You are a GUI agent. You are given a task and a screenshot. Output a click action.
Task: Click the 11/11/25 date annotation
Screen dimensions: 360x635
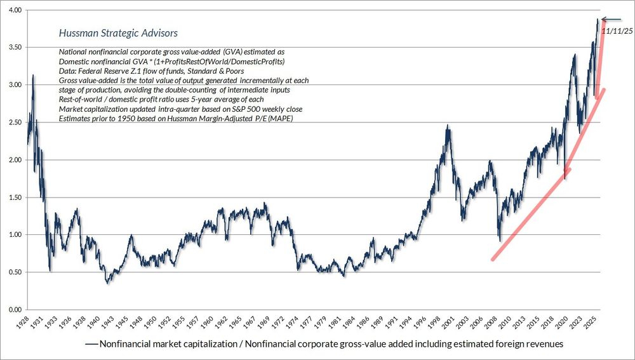click(617, 30)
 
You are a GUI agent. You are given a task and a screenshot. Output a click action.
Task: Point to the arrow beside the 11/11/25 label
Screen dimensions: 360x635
click(613, 20)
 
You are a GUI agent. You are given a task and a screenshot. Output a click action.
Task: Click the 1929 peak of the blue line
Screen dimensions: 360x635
click(33, 76)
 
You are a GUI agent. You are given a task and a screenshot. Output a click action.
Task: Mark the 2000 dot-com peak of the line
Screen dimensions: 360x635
click(448, 126)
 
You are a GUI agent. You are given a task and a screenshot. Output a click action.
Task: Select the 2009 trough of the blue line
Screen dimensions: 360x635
click(500, 241)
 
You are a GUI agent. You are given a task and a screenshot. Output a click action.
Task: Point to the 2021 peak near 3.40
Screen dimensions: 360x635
click(574, 55)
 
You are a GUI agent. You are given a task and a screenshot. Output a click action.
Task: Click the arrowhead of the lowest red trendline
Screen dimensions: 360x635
click(569, 169)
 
